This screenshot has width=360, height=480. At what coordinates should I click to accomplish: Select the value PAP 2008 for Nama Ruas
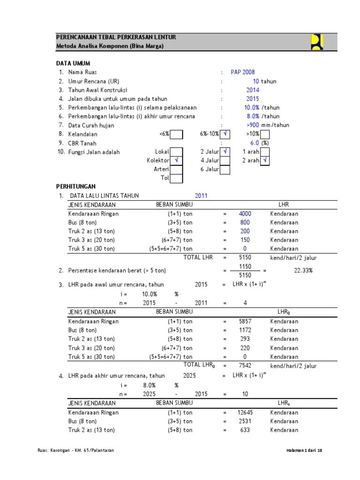tap(243, 72)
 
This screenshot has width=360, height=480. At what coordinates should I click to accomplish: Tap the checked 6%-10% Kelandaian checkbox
tap(225, 135)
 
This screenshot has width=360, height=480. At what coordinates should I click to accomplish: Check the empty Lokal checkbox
tap(177, 152)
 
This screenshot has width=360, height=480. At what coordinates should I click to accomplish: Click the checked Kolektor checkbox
tap(177, 161)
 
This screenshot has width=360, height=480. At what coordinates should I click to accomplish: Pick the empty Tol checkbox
tap(177, 178)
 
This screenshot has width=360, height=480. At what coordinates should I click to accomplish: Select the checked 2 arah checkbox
tap(265, 161)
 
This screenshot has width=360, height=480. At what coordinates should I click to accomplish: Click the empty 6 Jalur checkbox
tap(225, 170)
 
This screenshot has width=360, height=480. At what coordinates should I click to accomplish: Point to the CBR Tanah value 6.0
tap(255, 143)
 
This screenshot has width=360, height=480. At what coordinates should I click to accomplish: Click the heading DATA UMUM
tap(73, 63)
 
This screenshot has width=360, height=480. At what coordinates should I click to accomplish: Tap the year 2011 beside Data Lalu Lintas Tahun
tap(201, 196)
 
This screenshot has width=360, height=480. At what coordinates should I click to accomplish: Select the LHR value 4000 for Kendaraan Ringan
tap(245, 214)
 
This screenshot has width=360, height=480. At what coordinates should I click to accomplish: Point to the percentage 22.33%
tap(303, 270)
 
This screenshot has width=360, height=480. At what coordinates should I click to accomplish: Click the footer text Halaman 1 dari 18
tap(304, 450)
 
